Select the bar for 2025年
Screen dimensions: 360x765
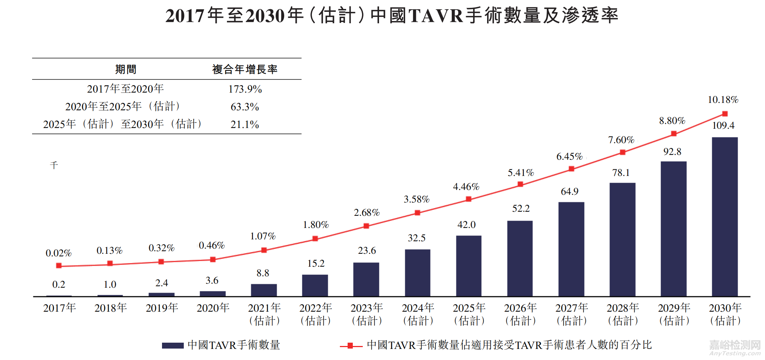469,266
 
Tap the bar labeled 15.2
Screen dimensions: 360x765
315,285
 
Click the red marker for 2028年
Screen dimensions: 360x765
623,152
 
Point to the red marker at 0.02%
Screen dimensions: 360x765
59,266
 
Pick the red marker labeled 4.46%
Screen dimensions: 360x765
469,199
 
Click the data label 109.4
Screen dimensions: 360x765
723,126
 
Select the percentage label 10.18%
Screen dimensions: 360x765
723,100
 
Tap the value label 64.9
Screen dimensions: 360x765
569,192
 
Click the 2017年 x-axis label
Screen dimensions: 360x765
59,308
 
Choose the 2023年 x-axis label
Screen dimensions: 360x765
366,314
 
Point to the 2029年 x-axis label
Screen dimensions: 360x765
674,314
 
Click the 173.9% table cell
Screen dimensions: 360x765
245,89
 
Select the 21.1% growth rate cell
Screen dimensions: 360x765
245,125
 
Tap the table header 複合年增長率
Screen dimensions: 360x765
245,69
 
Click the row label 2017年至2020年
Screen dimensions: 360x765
125,89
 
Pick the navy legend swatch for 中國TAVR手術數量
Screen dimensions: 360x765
173,346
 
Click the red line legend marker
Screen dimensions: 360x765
351,346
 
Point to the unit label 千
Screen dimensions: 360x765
54,165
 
